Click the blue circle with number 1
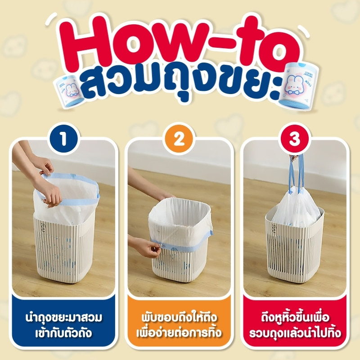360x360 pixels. pos(63,139)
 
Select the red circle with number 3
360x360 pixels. pos(295,139)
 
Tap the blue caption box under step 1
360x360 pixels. pos(63,321)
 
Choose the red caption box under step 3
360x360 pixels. pos(295,321)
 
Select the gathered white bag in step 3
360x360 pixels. pos(296,207)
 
